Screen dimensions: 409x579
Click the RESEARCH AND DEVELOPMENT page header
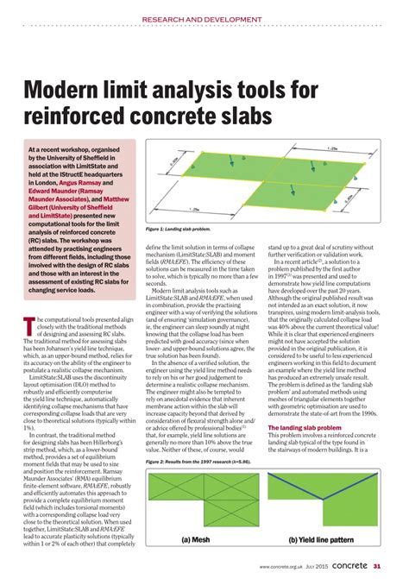[x=204, y=19]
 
